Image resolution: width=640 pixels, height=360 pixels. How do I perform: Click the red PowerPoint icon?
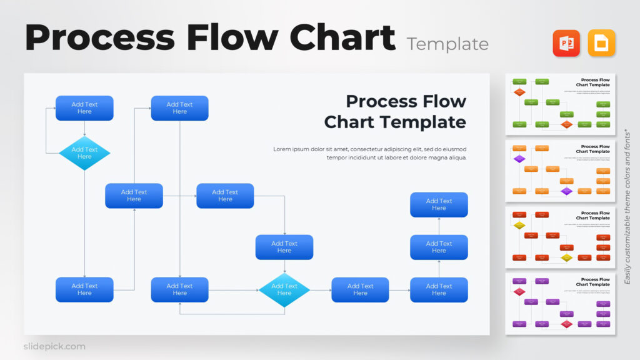(x=566, y=43)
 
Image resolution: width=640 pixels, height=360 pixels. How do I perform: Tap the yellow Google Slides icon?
(x=601, y=43)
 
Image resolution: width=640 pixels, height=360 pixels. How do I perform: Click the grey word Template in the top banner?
(x=447, y=44)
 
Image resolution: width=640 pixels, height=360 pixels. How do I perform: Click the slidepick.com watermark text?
(x=54, y=346)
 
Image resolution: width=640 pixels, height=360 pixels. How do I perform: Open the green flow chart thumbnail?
(x=561, y=104)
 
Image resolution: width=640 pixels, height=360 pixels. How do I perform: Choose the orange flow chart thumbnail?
(x=561, y=170)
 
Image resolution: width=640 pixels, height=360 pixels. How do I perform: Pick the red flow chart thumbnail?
(x=561, y=237)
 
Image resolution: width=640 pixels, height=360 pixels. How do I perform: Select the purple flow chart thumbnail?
(x=561, y=303)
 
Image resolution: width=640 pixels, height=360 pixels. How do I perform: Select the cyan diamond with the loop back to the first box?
(x=84, y=153)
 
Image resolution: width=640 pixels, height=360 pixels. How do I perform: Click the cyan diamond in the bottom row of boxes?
(x=284, y=290)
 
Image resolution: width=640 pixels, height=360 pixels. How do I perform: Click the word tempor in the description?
(x=337, y=157)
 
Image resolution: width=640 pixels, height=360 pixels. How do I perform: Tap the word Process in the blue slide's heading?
(x=379, y=101)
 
